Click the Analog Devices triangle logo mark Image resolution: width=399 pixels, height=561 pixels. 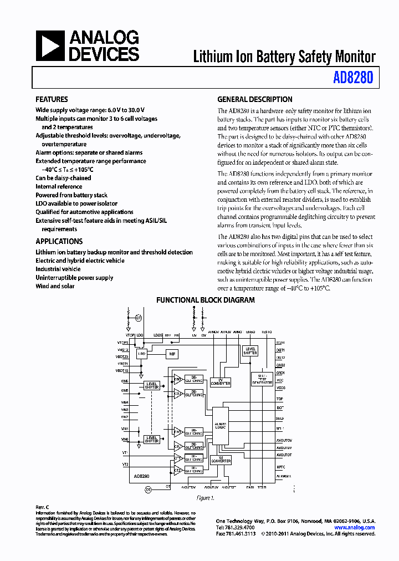tap(50, 45)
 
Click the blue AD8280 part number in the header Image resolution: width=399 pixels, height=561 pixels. tap(353, 78)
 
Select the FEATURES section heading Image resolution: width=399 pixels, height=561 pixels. tap(52, 100)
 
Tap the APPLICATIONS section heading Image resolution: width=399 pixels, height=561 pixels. tap(59, 242)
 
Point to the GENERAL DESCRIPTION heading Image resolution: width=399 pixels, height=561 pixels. tap(254, 100)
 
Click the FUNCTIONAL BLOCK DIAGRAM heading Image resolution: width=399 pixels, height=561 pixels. tap(205, 300)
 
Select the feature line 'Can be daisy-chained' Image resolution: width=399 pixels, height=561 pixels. tap(63, 178)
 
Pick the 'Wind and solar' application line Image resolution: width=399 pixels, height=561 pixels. tap(55, 286)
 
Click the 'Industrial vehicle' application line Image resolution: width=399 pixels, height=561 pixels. tap(58, 269)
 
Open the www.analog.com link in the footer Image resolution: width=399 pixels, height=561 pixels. tap(355, 528)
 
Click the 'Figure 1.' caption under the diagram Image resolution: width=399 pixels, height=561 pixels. tap(206, 498)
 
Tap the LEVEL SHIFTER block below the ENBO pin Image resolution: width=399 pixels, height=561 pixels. tap(250, 351)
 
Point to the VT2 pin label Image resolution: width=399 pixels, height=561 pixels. tap(125, 464)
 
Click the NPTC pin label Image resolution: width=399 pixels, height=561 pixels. tap(280, 467)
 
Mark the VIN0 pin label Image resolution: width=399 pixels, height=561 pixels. tap(125, 439)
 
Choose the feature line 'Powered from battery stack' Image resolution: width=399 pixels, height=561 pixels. tap(71, 195)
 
